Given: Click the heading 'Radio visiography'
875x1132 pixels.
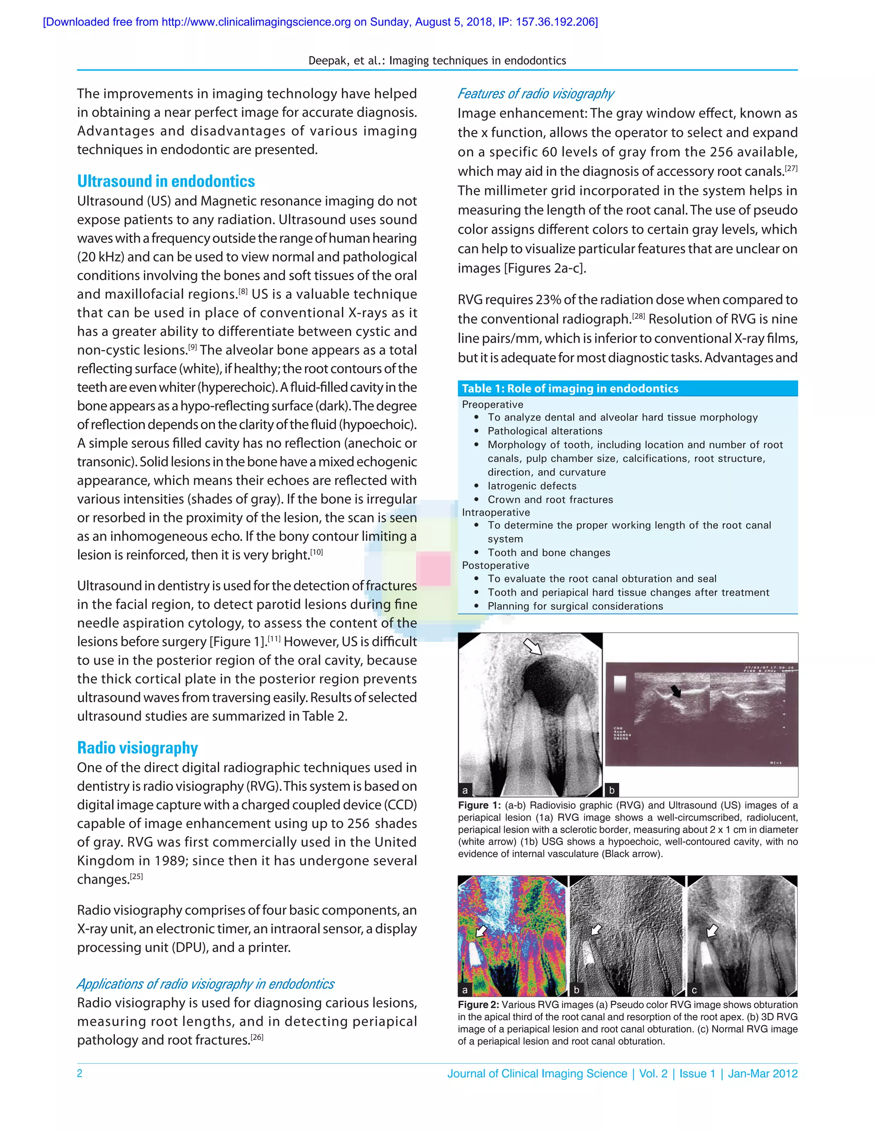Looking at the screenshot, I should [138, 748].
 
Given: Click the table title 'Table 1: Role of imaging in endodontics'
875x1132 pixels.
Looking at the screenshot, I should [570, 388].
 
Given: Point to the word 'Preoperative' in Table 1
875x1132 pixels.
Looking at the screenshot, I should [493, 404].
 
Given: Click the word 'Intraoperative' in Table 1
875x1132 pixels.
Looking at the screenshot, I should [496, 512].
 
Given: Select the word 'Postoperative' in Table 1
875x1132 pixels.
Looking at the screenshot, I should [495, 566].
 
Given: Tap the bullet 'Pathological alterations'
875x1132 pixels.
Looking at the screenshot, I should [545, 431].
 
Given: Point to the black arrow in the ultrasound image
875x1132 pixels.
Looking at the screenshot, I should [675, 690].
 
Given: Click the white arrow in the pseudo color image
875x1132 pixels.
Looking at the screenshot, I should [482, 931].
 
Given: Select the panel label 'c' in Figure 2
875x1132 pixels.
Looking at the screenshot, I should [694, 990].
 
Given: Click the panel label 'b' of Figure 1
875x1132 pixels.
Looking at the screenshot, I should [612, 790].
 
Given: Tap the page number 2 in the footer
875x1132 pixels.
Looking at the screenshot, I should [80, 1073].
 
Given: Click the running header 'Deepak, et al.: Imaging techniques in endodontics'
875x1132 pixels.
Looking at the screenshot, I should [437, 61].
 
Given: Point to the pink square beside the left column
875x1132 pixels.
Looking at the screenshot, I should [433, 569].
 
